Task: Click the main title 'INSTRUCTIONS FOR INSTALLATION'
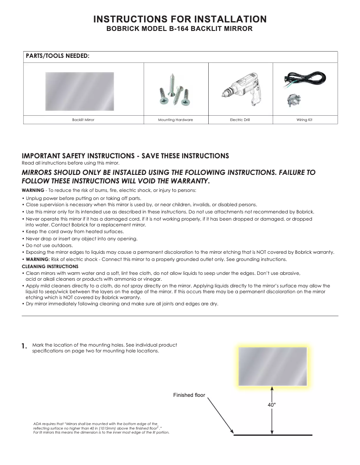(x=180, y=19)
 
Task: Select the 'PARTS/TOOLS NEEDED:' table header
(x=57, y=56)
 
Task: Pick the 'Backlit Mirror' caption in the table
(x=83, y=120)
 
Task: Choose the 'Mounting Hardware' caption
(x=176, y=120)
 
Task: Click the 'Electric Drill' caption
(x=240, y=120)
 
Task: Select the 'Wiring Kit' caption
(x=304, y=120)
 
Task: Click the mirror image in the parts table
(x=80, y=91)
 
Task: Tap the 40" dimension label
(x=272, y=404)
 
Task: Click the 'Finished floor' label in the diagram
(x=189, y=395)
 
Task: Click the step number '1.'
(x=25, y=347)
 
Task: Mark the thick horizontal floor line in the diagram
(x=273, y=435)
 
